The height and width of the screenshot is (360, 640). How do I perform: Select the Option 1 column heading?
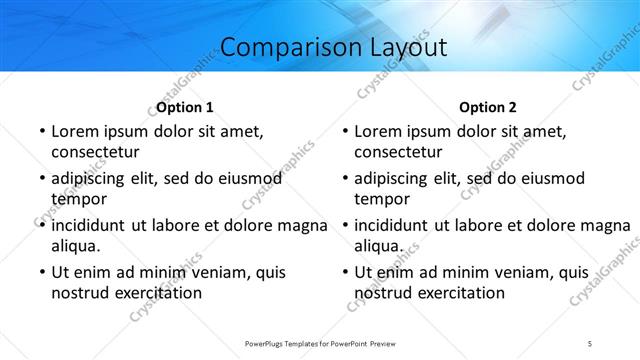[185, 107]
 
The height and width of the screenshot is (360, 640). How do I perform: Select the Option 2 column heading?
[488, 107]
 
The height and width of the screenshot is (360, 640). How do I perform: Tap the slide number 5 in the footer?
[590, 344]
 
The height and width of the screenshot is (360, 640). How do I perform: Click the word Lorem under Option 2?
[379, 131]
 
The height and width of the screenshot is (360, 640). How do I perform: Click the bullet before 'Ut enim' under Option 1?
[40, 272]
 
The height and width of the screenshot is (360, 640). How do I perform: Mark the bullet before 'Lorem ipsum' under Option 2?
[344, 131]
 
